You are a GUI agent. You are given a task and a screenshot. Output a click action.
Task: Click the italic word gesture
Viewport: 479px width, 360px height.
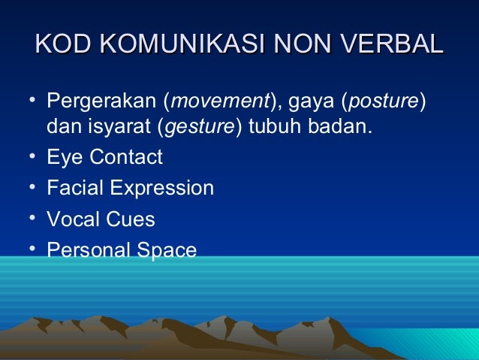pos(202,129)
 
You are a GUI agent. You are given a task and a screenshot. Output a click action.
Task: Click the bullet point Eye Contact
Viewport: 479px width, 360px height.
pos(104,158)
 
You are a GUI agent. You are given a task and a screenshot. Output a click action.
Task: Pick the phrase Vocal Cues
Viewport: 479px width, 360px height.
pos(101,219)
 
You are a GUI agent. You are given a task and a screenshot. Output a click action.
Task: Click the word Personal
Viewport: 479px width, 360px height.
pos(86,250)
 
